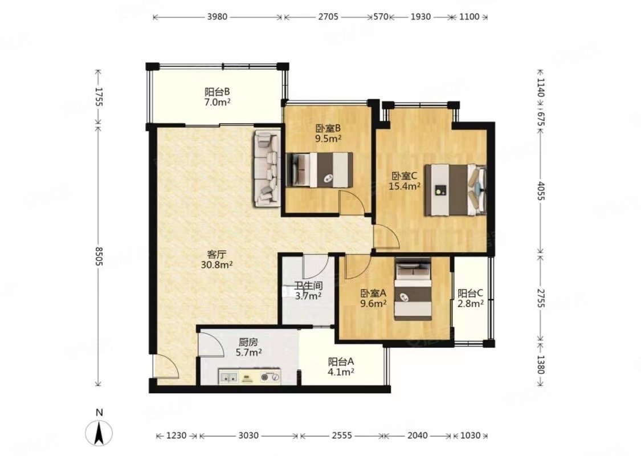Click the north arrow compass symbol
point(99,432)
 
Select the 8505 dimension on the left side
point(99,255)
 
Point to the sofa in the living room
point(266,169)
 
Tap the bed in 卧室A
point(413,291)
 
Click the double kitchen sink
point(229,377)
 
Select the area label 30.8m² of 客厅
point(217,265)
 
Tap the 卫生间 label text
point(309,286)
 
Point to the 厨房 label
point(248,342)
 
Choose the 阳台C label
point(470,293)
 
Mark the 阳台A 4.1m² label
point(341,367)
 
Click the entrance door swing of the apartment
point(166,365)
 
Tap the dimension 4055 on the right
point(540,190)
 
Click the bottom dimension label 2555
point(341,435)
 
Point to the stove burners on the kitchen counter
point(271,377)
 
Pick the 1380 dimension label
point(540,364)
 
